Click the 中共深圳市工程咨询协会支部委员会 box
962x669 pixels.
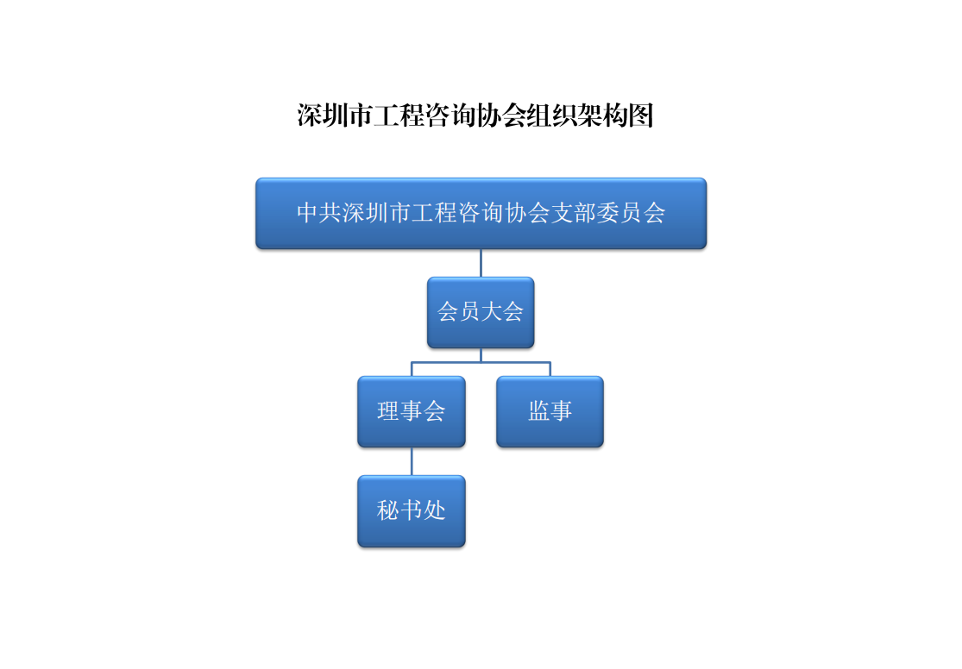[x=481, y=214]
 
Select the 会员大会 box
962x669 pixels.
[x=481, y=313]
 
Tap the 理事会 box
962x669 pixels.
[x=412, y=411]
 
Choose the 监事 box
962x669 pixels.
[x=550, y=411]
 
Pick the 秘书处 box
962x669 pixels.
[x=412, y=510]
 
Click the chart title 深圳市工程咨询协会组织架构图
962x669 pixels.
[x=475, y=116]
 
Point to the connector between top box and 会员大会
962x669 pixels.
[x=481, y=263]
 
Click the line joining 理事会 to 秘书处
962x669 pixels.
[x=412, y=461]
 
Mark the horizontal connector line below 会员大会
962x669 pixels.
[x=481, y=362]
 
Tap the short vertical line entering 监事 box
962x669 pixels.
[x=550, y=369]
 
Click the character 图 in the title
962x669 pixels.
[x=641, y=116]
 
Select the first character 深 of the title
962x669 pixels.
[x=310, y=116]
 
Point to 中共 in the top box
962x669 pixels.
[x=319, y=213]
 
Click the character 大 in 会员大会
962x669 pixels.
[x=493, y=311]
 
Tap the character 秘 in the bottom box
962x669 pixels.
[x=388, y=510]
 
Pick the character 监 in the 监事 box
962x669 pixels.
[x=539, y=411]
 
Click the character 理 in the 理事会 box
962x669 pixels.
[x=388, y=411]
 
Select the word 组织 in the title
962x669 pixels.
[x=551, y=116]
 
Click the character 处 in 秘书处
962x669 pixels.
[x=434, y=510]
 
